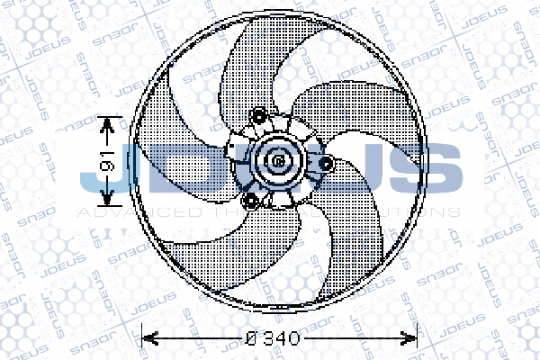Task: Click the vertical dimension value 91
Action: click(x=104, y=162)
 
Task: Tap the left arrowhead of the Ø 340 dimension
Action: click(x=148, y=340)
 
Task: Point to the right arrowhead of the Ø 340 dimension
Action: click(x=413, y=340)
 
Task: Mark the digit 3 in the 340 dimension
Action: click(x=269, y=340)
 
